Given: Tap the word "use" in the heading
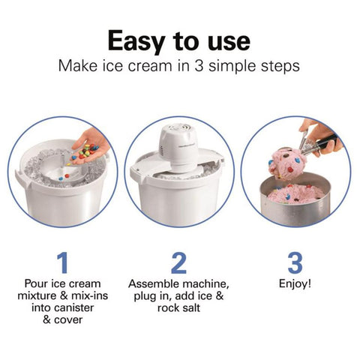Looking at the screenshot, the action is coord(229,41).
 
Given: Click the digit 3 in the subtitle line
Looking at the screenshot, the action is coord(199,66).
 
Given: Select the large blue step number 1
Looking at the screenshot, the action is coord(62,262).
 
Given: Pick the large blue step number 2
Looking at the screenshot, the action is coord(178,262).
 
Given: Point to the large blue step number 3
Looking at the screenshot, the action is coord(295,262).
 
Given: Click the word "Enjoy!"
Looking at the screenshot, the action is coord(295,284).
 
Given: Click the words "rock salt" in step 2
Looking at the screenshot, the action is coord(178,307).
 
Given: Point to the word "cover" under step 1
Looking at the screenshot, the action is coord(68,319).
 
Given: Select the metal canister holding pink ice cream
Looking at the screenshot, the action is coord(295,200).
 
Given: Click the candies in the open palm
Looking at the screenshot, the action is coord(85,151).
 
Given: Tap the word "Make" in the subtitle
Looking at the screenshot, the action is coord(78,66).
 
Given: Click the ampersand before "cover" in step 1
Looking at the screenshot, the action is coord(46,319).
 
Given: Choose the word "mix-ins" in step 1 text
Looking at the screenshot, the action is coord(90,295).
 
